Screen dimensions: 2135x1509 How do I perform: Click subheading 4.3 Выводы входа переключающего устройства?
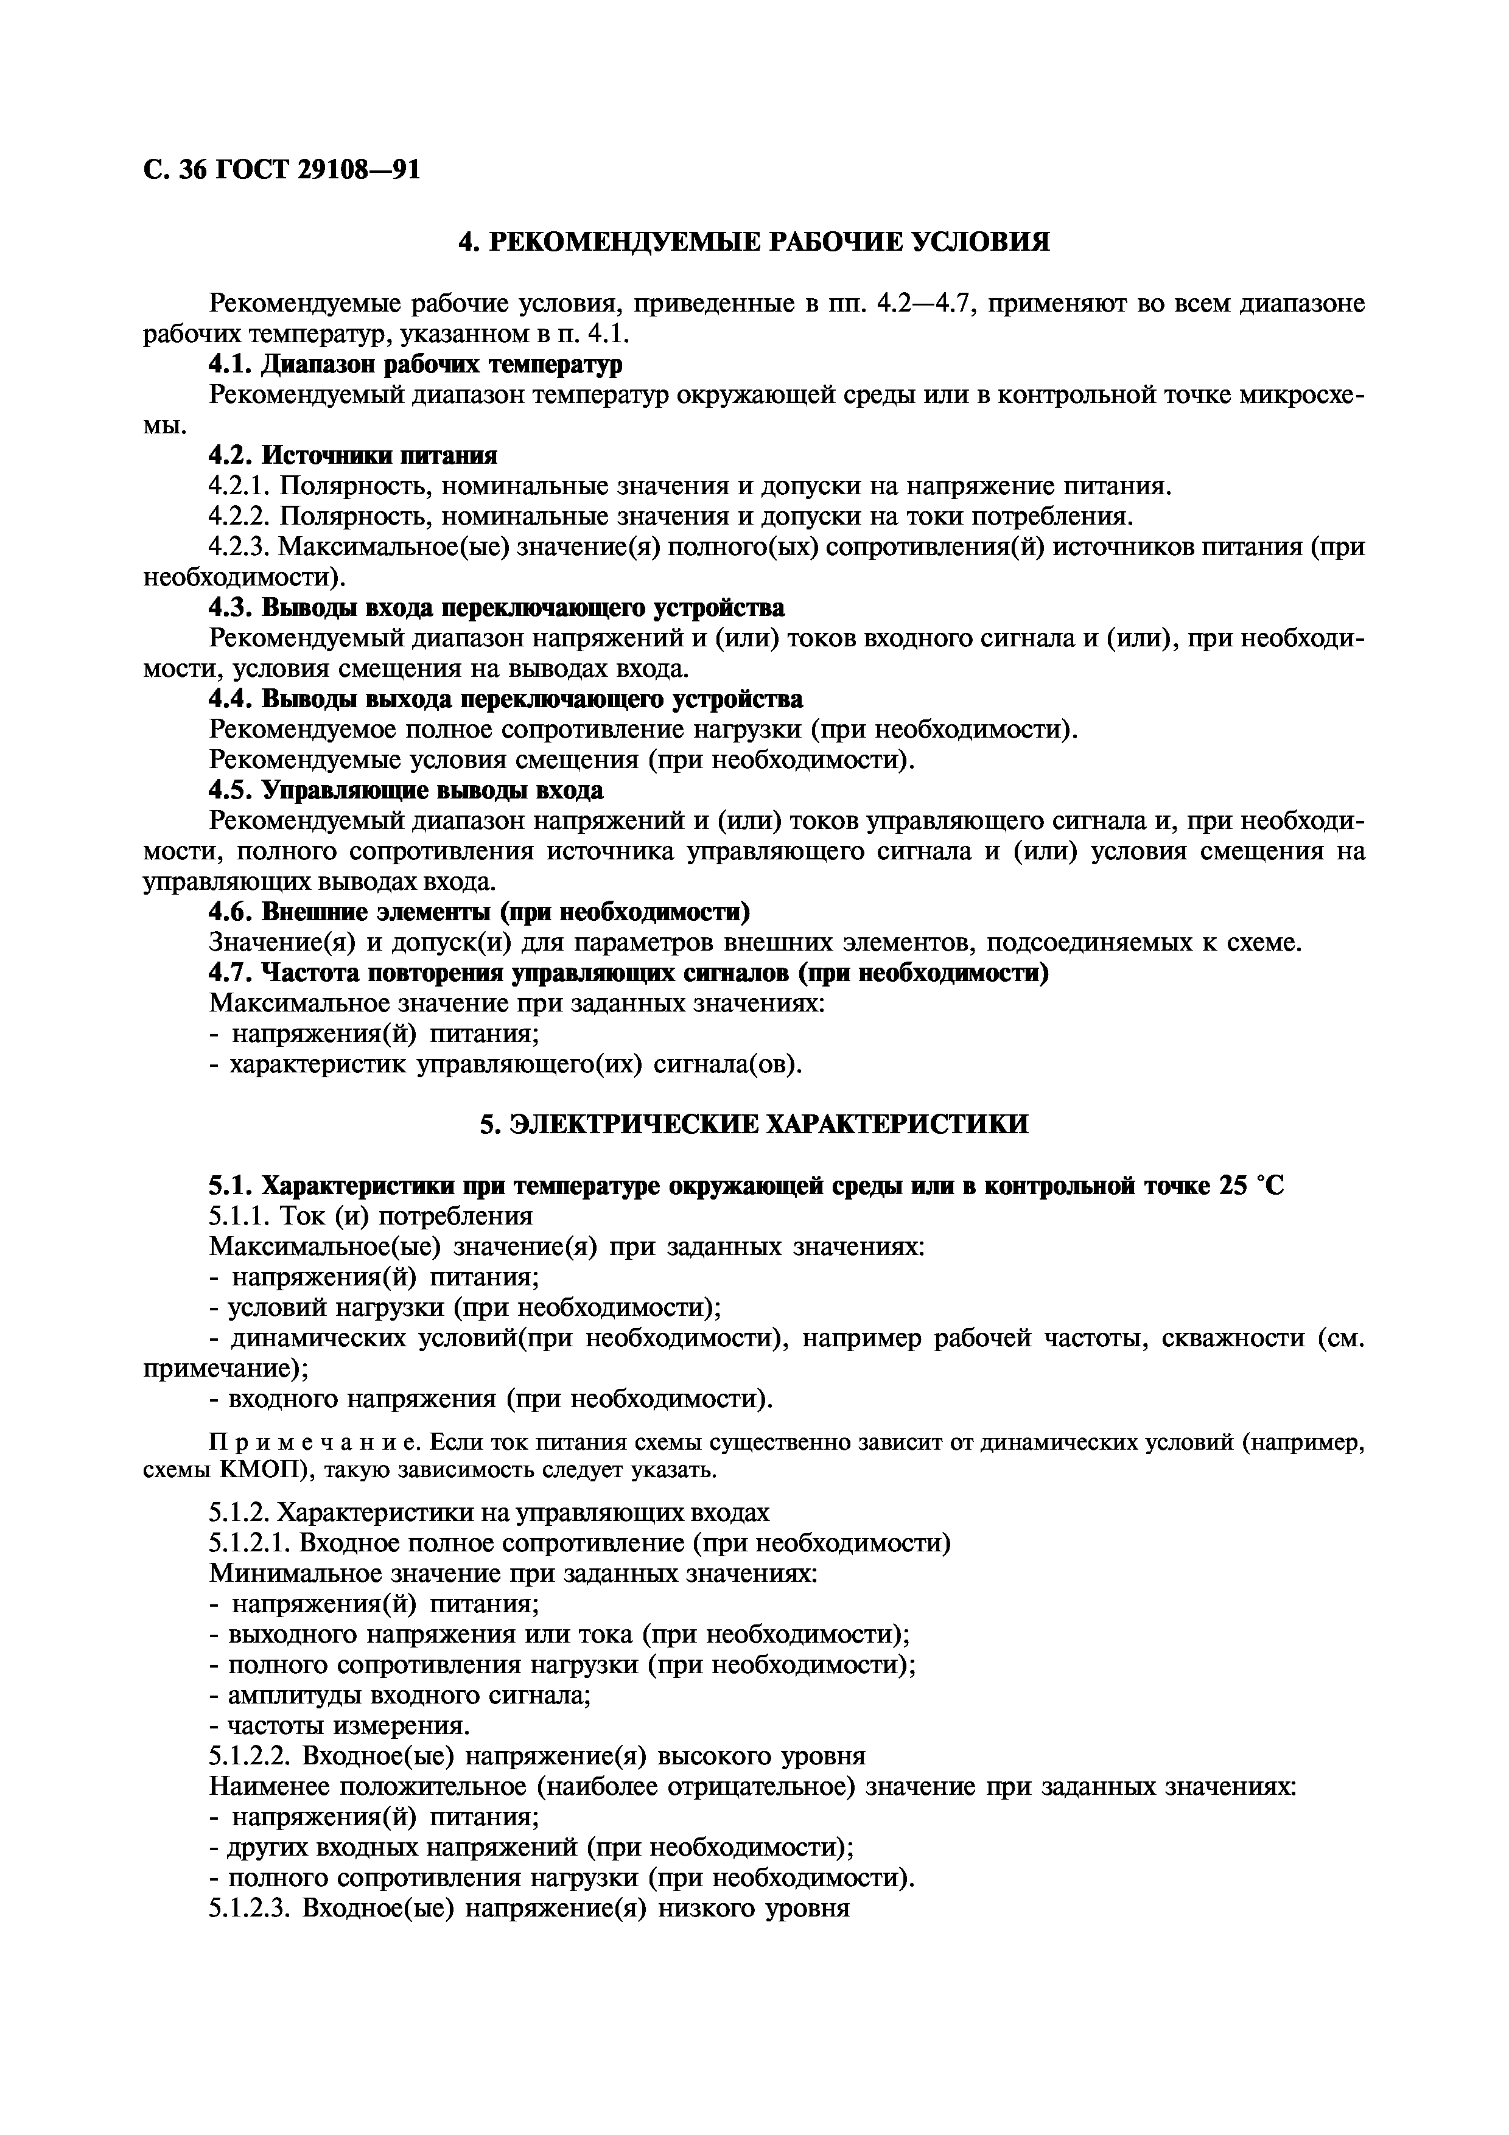click(x=497, y=608)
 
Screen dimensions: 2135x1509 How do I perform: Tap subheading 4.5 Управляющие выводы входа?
click(x=405, y=789)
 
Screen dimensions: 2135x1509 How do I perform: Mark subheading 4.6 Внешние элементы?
click(x=479, y=912)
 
